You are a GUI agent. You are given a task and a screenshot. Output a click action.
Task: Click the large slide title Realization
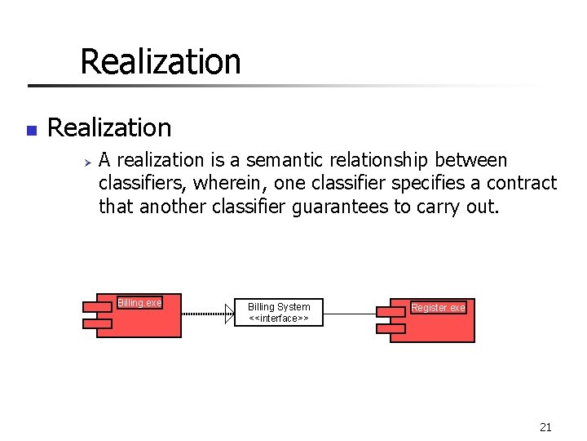[x=160, y=61]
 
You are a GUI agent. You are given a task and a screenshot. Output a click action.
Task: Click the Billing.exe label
[x=139, y=303]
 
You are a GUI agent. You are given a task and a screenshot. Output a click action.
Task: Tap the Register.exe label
[x=439, y=308]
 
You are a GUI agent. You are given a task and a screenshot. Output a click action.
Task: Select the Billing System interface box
[x=279, y=312]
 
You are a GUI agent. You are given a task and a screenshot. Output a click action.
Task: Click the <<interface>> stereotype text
[x=279, y=318]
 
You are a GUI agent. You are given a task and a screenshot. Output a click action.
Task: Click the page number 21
[x=545, y=426]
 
